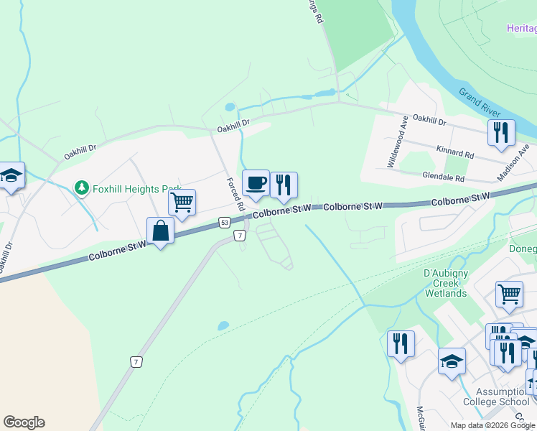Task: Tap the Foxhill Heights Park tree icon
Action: [82, 188]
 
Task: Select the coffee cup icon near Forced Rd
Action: [255, 184]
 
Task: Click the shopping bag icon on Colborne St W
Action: [160, 231]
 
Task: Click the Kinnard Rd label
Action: [455, 152]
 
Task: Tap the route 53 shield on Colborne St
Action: [225, 223]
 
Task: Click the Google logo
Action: [24, 422]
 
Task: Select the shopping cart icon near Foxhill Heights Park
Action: [182, 201]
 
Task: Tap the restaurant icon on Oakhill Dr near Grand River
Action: [501, 132]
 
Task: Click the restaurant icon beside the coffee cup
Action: [284, 185]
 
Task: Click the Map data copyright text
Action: [492, 425]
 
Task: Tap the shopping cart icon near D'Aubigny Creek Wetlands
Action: [509, 293]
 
